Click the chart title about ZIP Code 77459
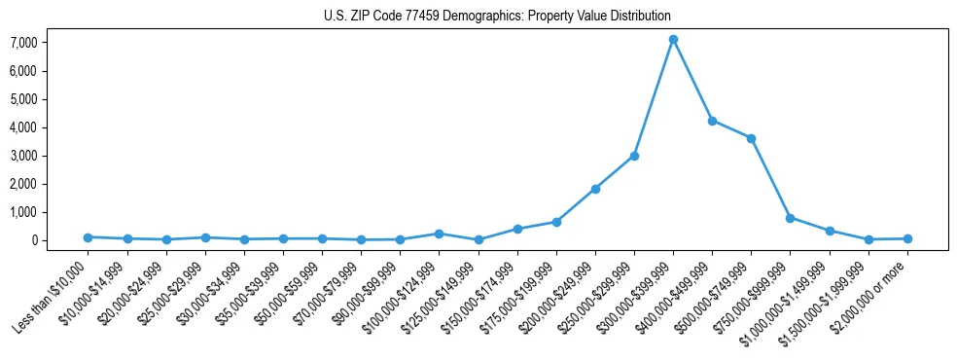497,17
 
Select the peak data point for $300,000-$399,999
673,40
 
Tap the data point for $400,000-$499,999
712,121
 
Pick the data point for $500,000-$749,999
751,138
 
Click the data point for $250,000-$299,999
634,156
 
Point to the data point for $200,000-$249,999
595,189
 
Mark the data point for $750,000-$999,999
790,218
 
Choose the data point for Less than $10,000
88,237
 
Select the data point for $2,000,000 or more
907,238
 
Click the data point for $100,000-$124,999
439,234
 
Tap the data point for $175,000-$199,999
556,222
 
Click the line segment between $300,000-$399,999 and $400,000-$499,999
692,81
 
